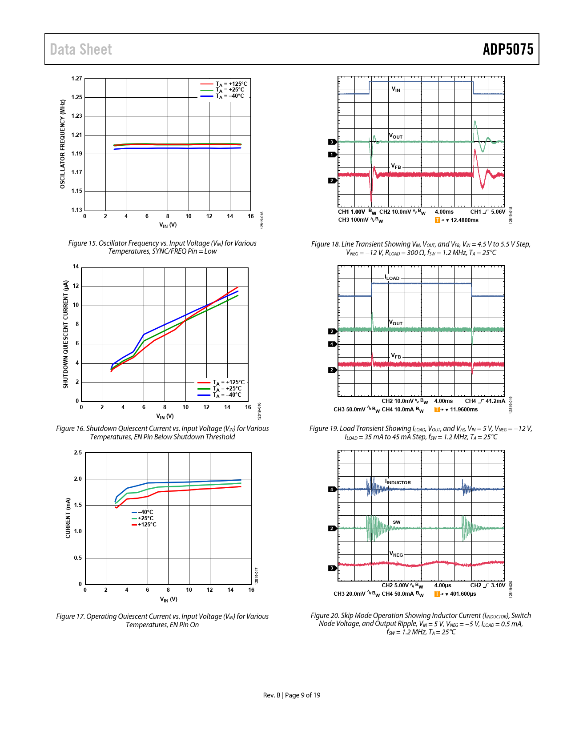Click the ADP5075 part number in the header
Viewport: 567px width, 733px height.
(x=508, y=49)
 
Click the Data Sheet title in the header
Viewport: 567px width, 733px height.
(x=81, y=49)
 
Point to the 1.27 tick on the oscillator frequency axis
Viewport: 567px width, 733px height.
(x=77, y=79)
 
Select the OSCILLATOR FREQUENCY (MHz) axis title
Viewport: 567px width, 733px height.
(x=63, y=144)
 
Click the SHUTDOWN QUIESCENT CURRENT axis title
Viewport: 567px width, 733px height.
(x=66, y=334)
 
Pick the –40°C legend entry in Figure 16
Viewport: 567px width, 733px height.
(x=227, y=395)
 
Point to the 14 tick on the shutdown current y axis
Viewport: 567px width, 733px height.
(x=76, y=267)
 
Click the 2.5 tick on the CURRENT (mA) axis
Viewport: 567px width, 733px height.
(x=78, y=453)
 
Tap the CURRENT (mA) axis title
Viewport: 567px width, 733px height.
(x=68, y=518)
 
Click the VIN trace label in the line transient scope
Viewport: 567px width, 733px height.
(x=396, y=89)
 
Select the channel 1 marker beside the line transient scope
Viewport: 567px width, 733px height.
(x=332, y=155)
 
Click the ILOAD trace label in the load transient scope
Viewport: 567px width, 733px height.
(x=392, y=278)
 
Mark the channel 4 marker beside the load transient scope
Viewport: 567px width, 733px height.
(x=332, y=344)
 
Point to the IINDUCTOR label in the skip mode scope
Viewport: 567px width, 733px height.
(x=398, y=482)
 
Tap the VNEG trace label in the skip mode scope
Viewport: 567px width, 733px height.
(x=396, y=554)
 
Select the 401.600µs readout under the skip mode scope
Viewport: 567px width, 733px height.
(x=463, y=594)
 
